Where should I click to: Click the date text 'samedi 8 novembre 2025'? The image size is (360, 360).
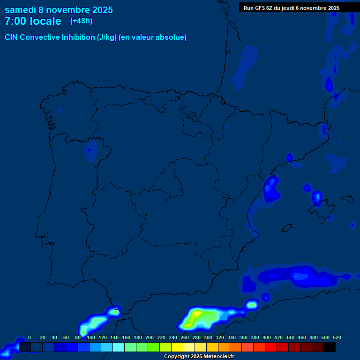coord(59,10)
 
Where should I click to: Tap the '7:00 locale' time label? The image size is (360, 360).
coord(33,21)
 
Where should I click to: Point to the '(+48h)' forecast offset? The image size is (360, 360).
coord(81,21)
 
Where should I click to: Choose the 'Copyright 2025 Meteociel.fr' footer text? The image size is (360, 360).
coord(199,357)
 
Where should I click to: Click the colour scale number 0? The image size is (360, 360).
coord(30,337)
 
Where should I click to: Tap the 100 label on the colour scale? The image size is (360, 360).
coord(91,337)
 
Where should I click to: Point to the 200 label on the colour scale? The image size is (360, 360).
coord(150,337)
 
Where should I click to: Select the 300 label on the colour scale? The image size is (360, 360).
coord(208,337)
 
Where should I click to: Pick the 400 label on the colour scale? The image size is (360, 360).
coord(267,337)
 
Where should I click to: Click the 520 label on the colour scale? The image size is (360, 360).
coord(337,337)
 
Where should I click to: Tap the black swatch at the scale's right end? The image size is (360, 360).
coord(330,347)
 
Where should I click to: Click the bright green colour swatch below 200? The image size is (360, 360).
coord(154,347)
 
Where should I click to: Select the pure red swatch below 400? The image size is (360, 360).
coord(271,347)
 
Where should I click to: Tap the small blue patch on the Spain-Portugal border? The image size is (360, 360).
coord(90,151)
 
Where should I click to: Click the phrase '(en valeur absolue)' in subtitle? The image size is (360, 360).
coord(153,37)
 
